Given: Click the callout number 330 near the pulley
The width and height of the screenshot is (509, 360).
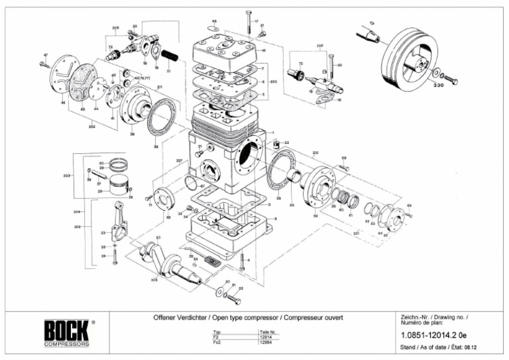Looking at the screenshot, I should click(x=438, y=86).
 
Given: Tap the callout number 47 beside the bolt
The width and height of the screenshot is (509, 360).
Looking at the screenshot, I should click(x=46, y=54).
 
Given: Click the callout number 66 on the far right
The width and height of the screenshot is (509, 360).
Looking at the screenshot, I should click(x=409, y=206).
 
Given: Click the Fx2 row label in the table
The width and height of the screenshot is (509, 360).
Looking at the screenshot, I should click(x=216, y=342).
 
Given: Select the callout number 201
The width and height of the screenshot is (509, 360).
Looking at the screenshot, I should click(x=356, y=233).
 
